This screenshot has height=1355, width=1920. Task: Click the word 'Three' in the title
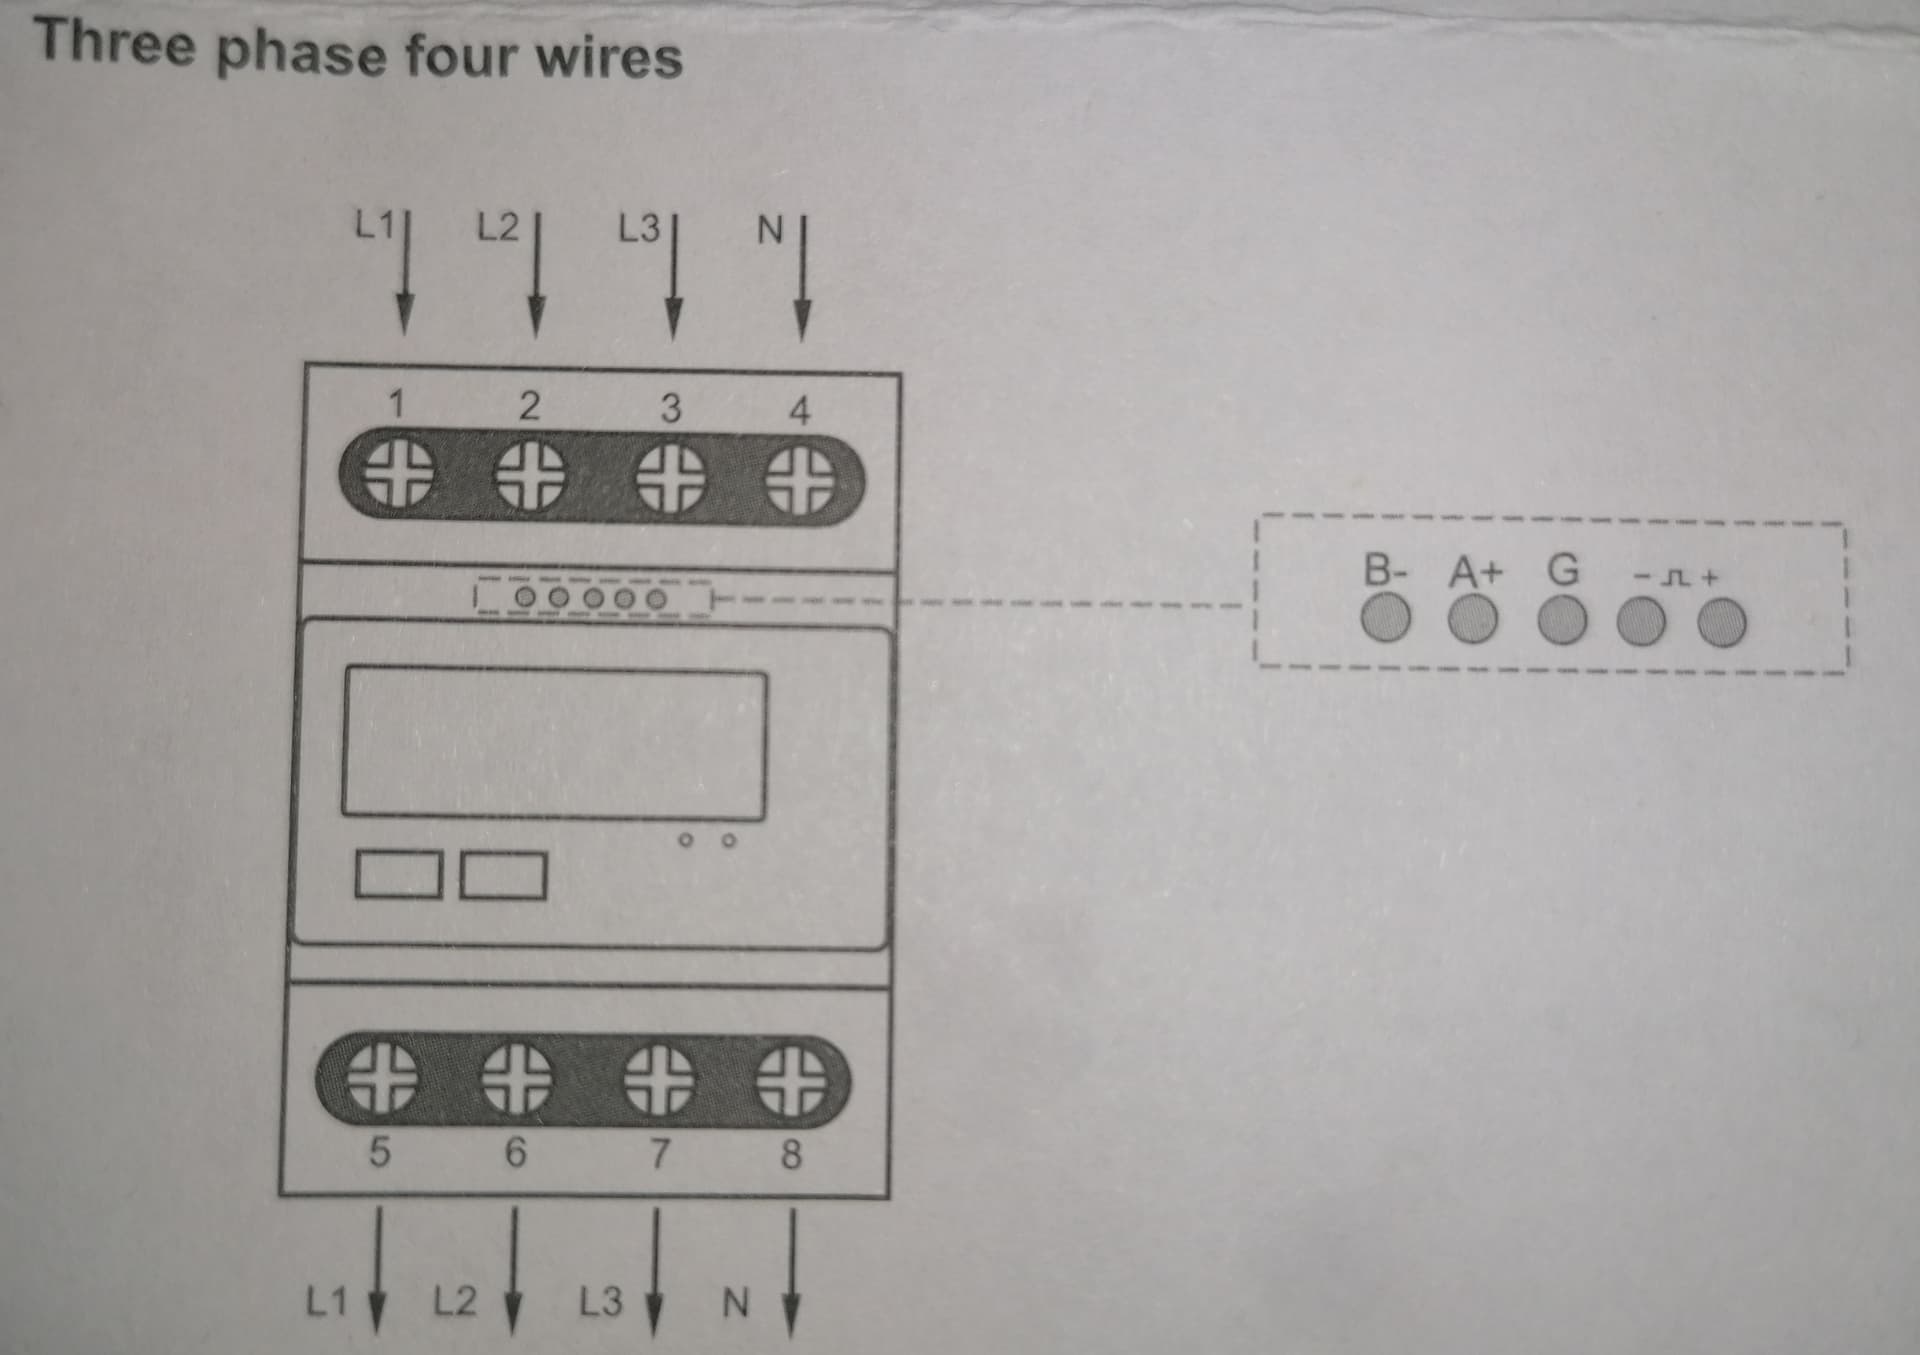114,45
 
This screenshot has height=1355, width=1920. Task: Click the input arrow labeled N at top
802,285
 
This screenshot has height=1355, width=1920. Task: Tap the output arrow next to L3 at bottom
655,1270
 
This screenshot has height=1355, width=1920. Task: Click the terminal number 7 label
658,1153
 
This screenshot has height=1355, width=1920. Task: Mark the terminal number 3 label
670,408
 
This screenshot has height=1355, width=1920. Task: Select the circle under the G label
1562,622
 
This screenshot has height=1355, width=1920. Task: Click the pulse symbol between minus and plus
1677,578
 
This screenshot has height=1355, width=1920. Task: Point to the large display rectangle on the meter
555,742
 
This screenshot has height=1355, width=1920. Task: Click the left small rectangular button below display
398,875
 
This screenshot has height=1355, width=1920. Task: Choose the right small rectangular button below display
503,875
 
